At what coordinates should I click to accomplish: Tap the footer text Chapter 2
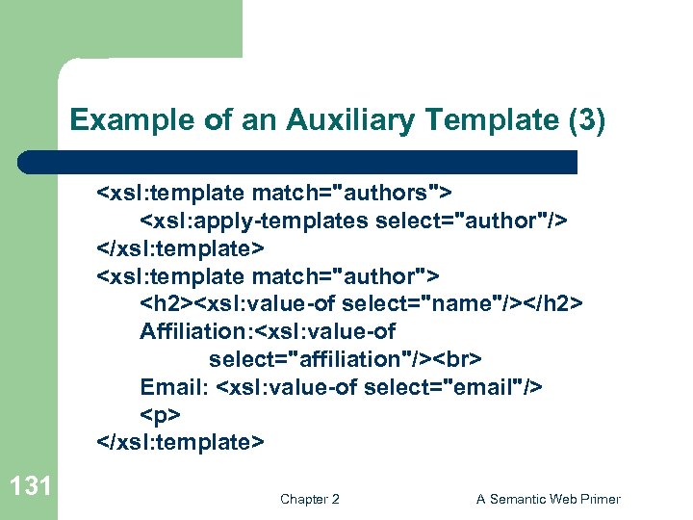309,499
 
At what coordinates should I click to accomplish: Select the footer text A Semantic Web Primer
549,499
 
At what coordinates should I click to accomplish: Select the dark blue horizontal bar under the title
298,162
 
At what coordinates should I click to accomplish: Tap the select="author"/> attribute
471,221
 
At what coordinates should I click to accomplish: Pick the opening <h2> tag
167,304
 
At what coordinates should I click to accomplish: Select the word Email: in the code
175,387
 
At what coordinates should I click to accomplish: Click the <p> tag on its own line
160,415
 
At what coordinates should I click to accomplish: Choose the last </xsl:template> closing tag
180,443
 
